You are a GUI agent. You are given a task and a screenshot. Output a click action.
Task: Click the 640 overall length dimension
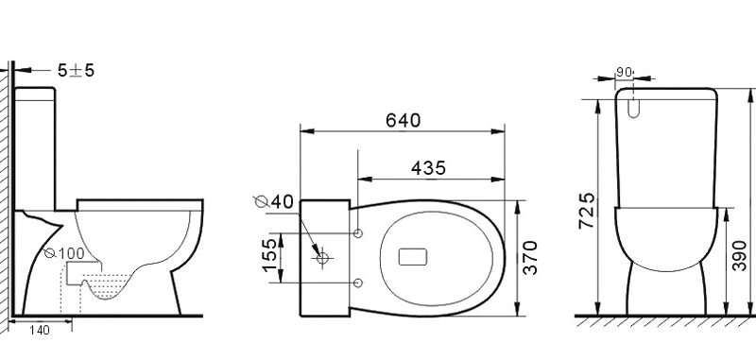pos(403,120)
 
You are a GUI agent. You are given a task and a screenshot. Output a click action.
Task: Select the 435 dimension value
pos(429,167)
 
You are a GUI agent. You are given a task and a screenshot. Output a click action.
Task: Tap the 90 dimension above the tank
pos(624,71)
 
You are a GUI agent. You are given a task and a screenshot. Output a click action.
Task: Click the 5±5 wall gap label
pos(75,70)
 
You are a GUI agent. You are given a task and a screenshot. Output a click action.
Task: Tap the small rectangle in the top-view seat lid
pos(414,257)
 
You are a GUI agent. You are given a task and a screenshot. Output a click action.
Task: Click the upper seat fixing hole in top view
pos(358,231)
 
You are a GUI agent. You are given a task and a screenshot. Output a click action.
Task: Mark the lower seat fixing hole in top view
pos(358,282)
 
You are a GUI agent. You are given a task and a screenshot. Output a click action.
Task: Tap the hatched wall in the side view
pos(6,189)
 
